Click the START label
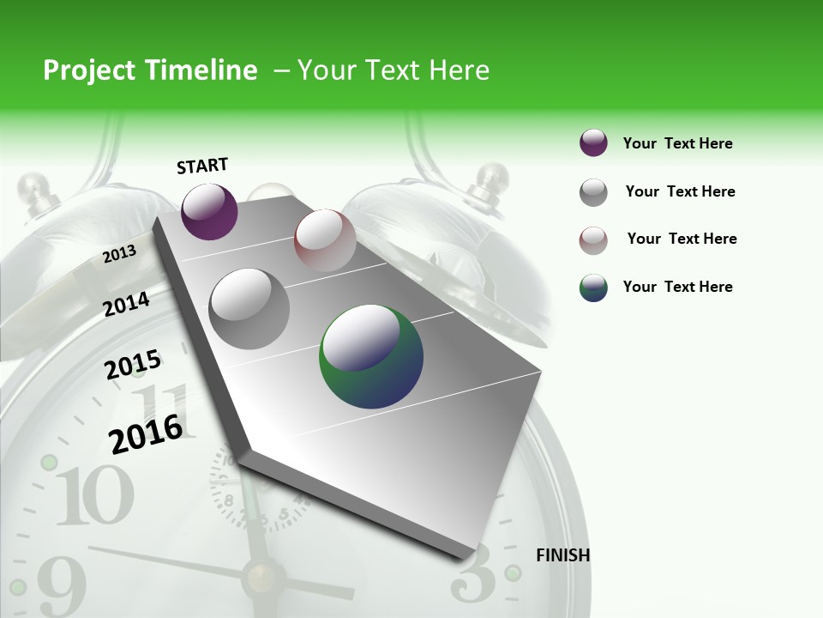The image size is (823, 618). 202,166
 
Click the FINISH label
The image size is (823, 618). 562,555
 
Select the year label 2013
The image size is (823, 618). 119,254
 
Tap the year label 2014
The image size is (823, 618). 126,304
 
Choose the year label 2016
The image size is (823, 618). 146,433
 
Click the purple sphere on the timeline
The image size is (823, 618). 209,211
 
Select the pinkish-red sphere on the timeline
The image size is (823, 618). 325,240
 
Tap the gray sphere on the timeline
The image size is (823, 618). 249,309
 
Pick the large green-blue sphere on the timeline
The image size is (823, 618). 371,356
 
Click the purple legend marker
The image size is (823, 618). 593,143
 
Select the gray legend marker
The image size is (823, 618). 593,192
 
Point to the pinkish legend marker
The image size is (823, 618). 593,240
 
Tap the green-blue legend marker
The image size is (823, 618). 593,288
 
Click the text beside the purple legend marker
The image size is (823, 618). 677,143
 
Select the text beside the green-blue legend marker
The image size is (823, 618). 677,287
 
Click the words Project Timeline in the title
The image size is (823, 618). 150,70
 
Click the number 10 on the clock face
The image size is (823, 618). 94,495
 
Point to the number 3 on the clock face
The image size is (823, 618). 473,573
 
